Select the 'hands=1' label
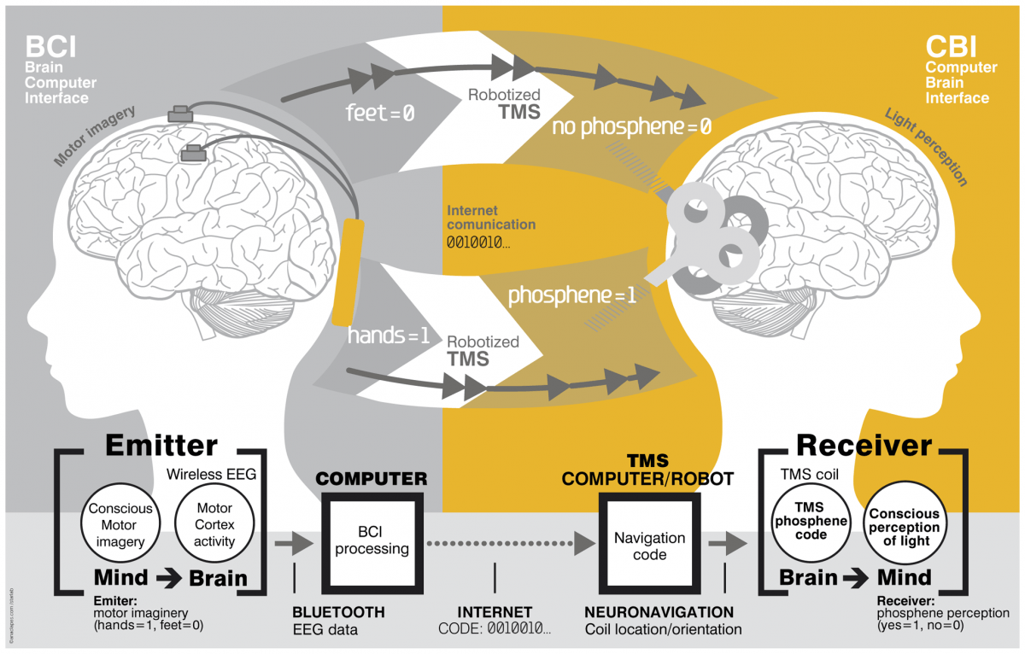(x=388, y=336)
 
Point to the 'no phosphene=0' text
(x=632, y=127)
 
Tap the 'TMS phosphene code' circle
(x=810, y=521)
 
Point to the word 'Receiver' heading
(x=864, y=445)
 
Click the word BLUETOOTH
(x=338, y=612)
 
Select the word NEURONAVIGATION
(x=659, y=612)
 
